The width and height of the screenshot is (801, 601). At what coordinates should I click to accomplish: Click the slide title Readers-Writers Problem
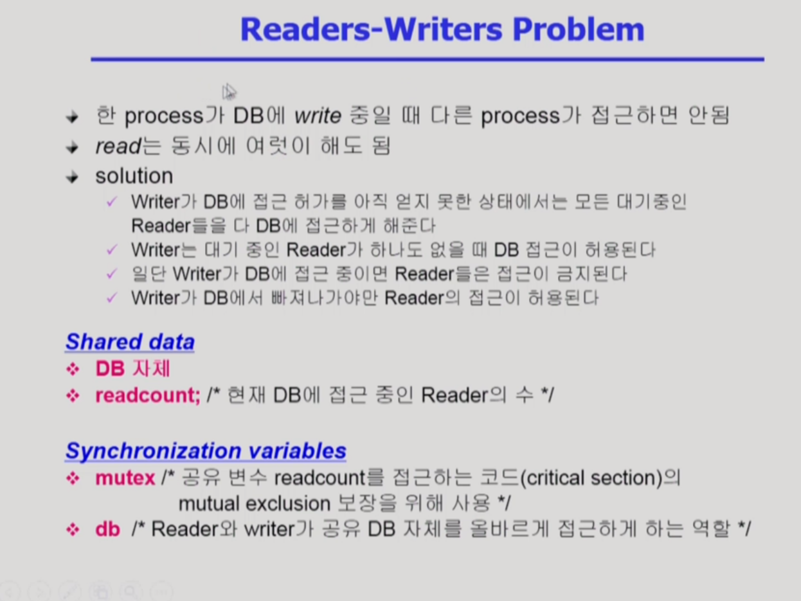pos(442,30)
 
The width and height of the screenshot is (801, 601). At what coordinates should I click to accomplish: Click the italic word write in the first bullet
pos(318,116)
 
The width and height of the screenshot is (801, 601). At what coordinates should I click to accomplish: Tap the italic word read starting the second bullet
pos(118,147)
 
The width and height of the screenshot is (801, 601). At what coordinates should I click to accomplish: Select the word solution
pos(134,176)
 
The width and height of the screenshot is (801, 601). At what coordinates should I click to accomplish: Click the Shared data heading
pos(130,341)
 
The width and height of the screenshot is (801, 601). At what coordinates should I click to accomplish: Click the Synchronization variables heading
pos(206,451)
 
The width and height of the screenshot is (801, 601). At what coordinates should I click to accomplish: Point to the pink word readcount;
pos(148,395)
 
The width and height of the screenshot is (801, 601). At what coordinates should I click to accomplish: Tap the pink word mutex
pos(125,478)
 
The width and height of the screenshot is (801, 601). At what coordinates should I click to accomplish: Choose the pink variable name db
pos(107,530)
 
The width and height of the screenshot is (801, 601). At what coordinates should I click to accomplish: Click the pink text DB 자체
pos(132,369)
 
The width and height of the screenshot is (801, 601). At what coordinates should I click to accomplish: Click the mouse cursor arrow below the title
pos(230,91)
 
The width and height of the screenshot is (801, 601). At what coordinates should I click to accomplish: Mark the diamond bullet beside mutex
pos(73,478)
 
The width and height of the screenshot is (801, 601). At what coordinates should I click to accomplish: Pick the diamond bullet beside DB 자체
pos(73,369)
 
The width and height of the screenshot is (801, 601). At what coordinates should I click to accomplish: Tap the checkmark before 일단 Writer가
pos(113,274)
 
